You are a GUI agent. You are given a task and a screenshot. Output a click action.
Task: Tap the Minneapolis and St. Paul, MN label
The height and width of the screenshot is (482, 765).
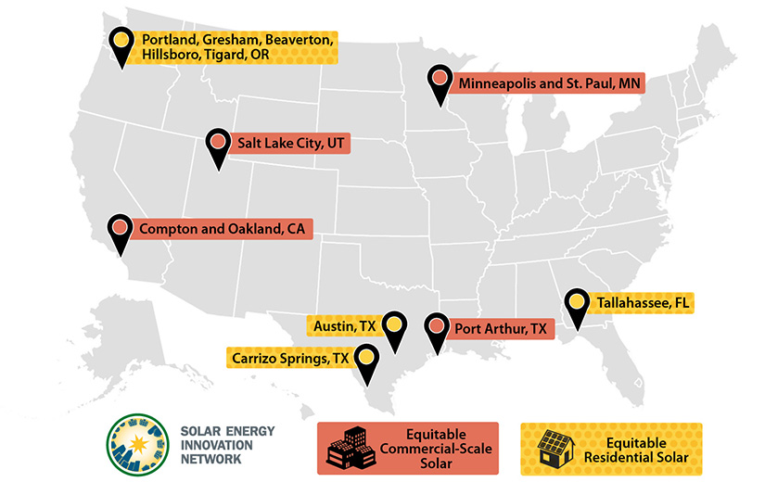(551, 83)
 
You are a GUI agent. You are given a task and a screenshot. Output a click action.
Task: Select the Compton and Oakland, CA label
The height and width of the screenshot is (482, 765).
(223, 228)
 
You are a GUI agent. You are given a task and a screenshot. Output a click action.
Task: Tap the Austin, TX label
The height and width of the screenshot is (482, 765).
(345, 326)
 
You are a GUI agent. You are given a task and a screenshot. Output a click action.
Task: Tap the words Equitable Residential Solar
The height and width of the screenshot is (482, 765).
(638, 450)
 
